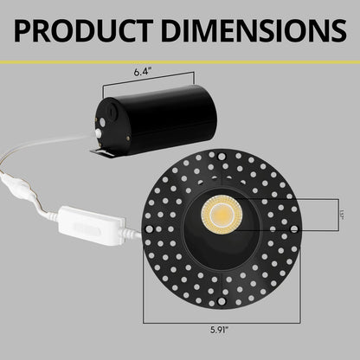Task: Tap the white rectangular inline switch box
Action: tap(86, 228)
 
